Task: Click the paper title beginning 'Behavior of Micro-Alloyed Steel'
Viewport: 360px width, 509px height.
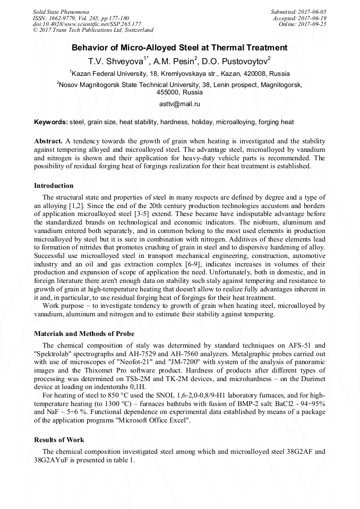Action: [x=179, y=48]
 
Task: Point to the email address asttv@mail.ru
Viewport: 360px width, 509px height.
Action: [x=179, y=104]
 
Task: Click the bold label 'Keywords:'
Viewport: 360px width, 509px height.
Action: [x=51, y=122]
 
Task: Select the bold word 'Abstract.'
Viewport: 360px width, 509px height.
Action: [x=48, y=142]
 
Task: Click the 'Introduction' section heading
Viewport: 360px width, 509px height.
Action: [x=54, y=186]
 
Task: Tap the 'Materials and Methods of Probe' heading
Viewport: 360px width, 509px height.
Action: [x=84, y=334]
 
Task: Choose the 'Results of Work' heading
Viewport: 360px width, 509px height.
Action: [x=59, y=440]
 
